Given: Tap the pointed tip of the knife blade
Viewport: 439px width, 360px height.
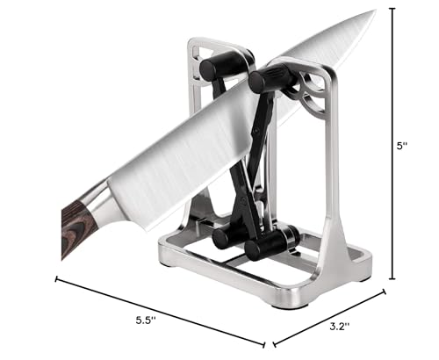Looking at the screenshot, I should (374, 11).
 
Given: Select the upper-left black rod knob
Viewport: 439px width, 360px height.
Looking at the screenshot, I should (215, 65).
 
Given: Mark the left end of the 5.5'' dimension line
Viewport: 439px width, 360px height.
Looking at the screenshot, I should (57, 280).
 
